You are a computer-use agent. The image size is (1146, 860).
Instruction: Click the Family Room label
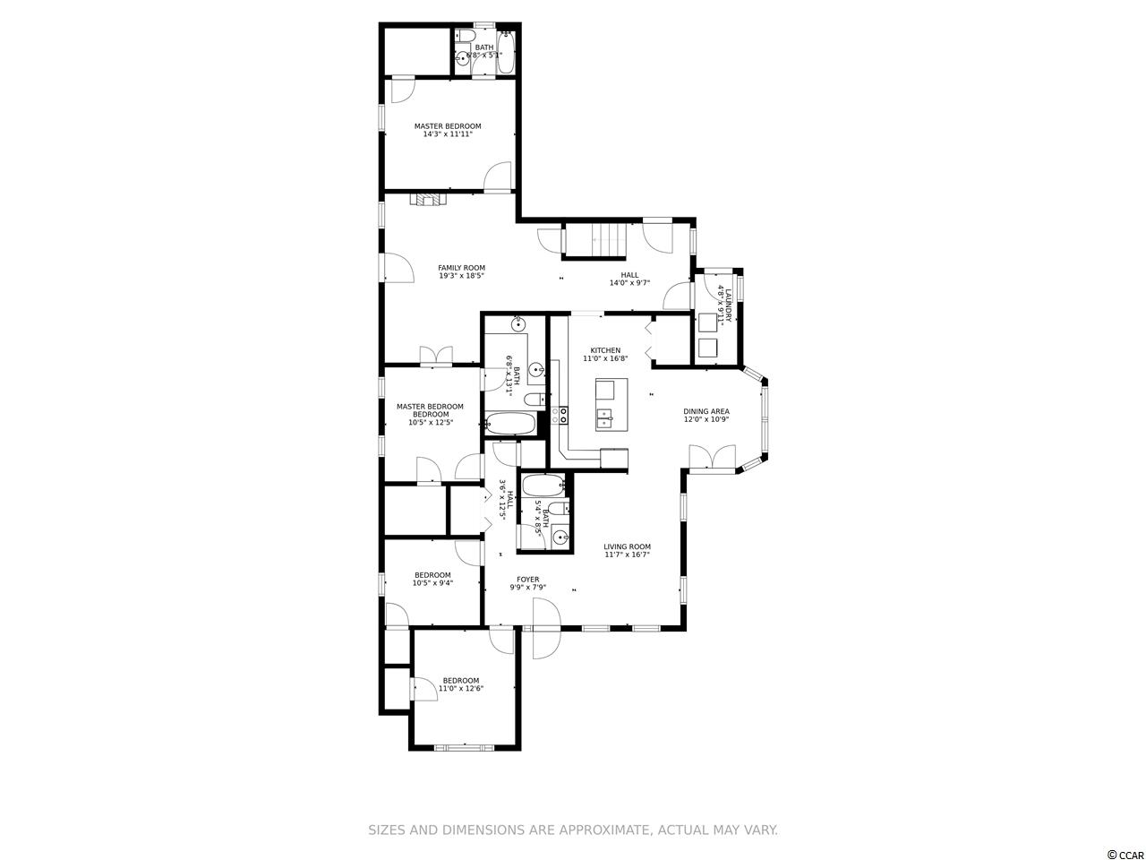click(461, 268)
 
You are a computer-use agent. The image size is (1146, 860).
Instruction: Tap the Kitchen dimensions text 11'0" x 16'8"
click(605, 358)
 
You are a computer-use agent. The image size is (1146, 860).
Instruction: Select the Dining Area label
click(706, 411)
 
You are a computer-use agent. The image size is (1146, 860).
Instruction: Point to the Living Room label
click(627, 546)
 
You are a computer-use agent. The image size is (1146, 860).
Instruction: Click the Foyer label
click(528, 579)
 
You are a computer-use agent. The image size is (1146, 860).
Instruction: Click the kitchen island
click(611, 404)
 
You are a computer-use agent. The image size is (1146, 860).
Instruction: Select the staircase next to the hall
click(594, 240)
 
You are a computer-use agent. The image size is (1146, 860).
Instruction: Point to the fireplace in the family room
click(428, 200)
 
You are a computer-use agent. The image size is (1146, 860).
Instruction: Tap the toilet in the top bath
click(465, 36)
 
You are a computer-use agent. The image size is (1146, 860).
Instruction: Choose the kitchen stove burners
click(564, 415)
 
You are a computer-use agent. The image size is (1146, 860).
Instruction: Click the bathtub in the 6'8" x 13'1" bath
click(510, 423)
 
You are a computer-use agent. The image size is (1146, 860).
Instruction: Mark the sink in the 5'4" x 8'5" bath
click(560, 537)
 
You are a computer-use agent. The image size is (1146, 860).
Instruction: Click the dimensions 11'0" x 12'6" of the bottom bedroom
click(460, 688)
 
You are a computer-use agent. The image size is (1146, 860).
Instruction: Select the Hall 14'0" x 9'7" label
click(629, 279)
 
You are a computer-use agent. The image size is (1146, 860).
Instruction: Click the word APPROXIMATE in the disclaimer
click(604, 830)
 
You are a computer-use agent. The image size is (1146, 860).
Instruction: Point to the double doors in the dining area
click(712, 458)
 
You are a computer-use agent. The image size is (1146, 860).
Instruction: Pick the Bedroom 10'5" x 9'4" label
click(432, 579)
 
